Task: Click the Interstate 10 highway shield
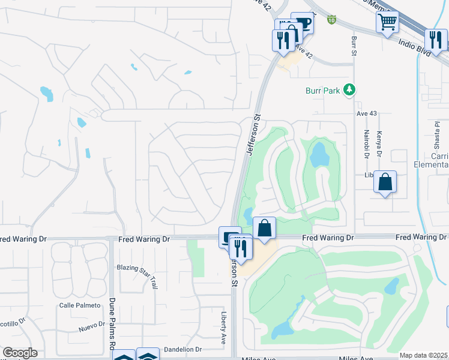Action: (331, 20)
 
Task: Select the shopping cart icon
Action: (388, 22)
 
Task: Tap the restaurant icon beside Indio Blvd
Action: (436, 40)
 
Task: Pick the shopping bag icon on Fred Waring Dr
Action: (264, 227)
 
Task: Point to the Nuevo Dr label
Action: (91, 329)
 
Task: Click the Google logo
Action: (20, 353)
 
